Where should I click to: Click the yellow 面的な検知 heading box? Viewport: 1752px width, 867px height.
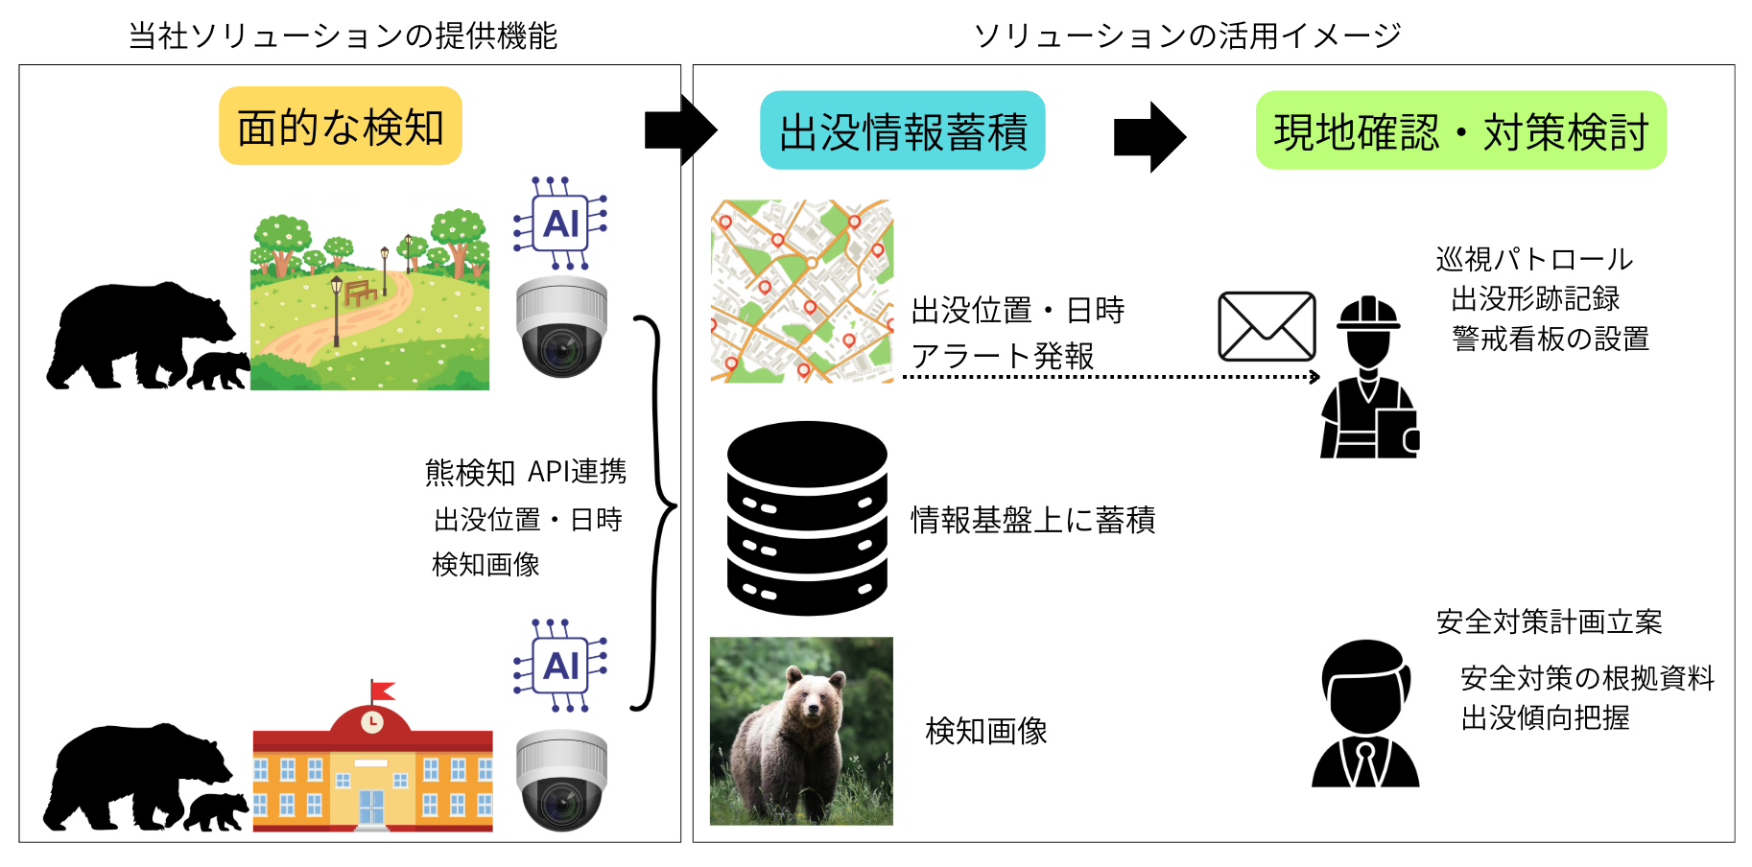[x=341, y=127]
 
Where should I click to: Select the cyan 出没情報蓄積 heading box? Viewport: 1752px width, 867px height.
[x=902, y=130]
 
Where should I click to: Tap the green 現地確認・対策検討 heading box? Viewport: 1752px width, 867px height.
[x=1460, y=130]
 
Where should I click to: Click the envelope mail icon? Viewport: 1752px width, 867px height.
[x=1267, y=326]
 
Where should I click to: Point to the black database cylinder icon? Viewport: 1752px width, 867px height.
[x=807, y=518]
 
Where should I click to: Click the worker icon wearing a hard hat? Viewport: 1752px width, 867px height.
[x=1369, y=379]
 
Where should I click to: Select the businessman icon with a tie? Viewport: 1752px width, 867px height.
[x=1365, y=715]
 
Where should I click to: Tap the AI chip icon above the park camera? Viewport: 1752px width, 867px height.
[x=561, y=223]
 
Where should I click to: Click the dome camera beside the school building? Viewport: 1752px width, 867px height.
[x=561, y=779]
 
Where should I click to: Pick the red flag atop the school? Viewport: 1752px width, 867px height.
[x=382, y=690]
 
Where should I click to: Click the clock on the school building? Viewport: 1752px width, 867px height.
[x=372, y=721]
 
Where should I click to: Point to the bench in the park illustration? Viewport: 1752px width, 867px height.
[x=361, y=292]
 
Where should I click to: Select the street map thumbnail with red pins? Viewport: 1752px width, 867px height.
[x=802, y=291]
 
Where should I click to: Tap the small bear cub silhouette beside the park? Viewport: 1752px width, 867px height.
[x=219, y=370]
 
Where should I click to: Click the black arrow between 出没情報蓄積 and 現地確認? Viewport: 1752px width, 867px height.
[x=1149, y=136]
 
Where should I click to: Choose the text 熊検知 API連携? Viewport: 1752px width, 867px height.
[x=526, y=472]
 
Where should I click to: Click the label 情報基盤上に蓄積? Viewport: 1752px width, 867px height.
[x=1032, y=520]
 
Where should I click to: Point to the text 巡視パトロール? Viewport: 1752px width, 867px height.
[x=1534, y=259]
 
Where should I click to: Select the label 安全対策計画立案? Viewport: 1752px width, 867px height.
[x=1549, y=621]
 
